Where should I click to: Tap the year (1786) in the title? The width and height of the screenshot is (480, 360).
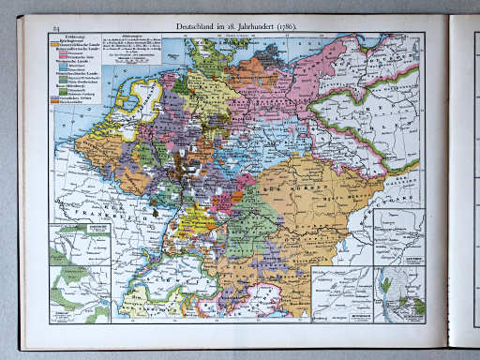284,28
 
